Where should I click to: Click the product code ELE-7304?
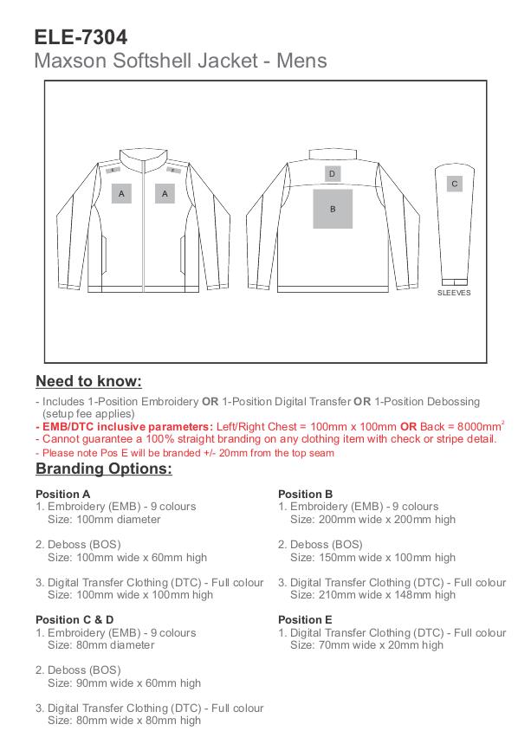(x=81, y=37)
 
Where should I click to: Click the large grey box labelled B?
(x=333, y=209)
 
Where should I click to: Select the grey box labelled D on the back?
(x=332, y=174)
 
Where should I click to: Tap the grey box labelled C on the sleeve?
(x=455, y=184)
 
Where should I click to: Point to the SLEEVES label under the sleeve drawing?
(x=454, y=293)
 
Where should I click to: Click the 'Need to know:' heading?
(x=88, y=381)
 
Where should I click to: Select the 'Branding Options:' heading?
(x=103, y=469)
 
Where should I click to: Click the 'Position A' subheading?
(x=63, y=494)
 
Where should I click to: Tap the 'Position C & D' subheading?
(x=74, y=619)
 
